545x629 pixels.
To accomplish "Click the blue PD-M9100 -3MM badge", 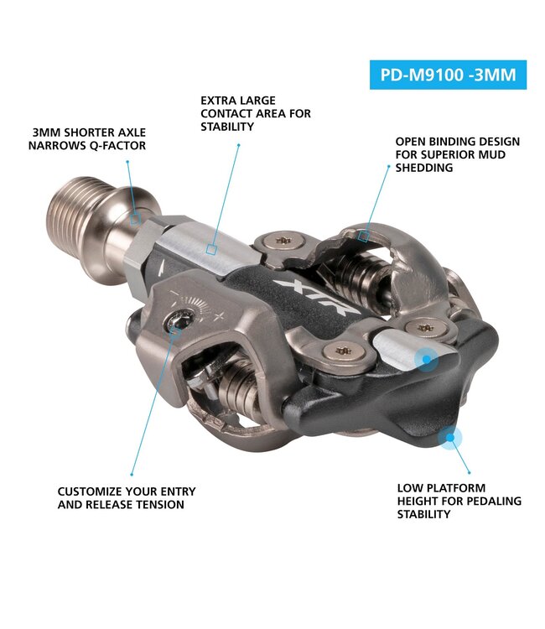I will tap(448, 74).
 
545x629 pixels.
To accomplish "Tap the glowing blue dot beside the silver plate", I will tap(427, 360).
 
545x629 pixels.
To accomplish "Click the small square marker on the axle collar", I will tap(135, 219).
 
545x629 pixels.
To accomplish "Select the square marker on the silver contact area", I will tap(213, 249).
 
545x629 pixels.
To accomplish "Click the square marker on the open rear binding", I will tap(363, 237).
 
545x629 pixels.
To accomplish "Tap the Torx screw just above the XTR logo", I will tap(279, 242).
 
